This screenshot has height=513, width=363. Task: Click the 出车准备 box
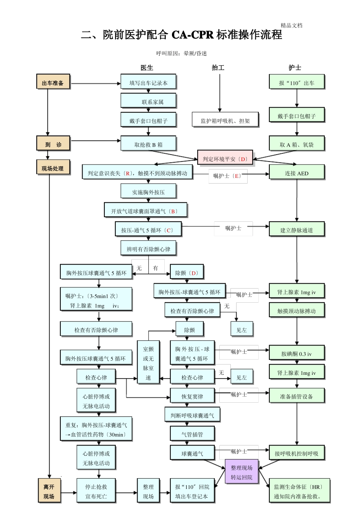click(x=53, y=82)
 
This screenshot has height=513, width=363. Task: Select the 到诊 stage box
click(x=53, y=144)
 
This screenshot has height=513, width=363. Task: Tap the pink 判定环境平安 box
click(x=225, y=159)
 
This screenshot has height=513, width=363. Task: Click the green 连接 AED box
click(x=297, y=173)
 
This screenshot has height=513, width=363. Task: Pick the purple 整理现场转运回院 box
click(x=241, y=472)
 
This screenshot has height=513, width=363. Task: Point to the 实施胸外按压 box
click(x=148, y=192)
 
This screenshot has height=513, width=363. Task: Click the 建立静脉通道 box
click(x=297, y=230)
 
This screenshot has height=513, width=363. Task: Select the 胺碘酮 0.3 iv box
click(x=297, y=353)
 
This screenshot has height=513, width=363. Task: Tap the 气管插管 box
click(x=192, y=434)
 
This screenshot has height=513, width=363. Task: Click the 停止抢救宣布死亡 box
click(x=96, y=491)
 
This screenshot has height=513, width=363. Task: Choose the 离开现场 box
click(x=49, y=491)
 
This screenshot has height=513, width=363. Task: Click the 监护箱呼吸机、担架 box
click(x=225, y=121)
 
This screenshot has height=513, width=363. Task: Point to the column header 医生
click(x=147, y=68)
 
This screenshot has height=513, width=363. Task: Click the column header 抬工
click(x=218, y=68)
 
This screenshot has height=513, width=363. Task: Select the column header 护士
click(x=295, y=68)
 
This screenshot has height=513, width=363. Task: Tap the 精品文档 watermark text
click(x=292, y=26)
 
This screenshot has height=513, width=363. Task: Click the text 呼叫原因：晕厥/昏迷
click(x=181, y=53)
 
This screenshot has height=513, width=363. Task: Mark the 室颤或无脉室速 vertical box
click(x=148, y=363)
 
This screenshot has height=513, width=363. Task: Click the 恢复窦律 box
click(x=192, y=396)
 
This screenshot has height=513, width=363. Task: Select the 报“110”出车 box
click(x=297, y=82)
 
